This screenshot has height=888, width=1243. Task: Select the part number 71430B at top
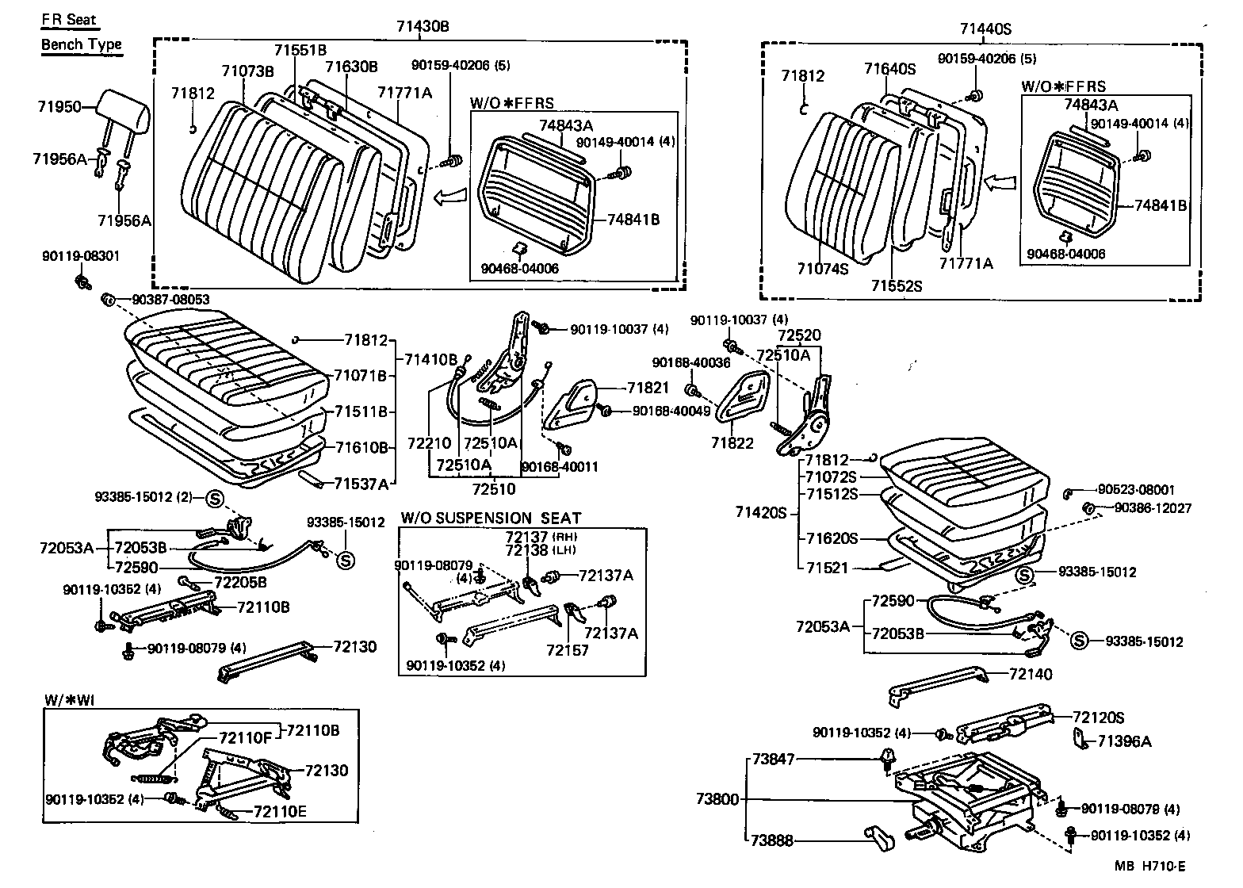point(423,26)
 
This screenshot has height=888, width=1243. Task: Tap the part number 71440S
point(986,29)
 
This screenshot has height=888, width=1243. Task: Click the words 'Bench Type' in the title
point(82,44)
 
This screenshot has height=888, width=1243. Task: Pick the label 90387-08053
point(170,299)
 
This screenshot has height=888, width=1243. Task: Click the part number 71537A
point(361,483)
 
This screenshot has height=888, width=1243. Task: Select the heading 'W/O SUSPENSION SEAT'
point(491,518)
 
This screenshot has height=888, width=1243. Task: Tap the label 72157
point(567,649)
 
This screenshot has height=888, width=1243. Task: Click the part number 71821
point(648,388)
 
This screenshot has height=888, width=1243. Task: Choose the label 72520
point(799,335)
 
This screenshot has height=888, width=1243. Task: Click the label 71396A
point(1124,741)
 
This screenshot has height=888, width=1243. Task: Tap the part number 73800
point(717,799)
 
